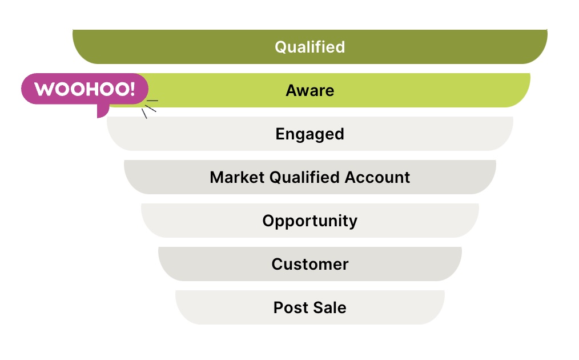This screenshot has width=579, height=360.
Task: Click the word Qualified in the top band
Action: coord(310,47)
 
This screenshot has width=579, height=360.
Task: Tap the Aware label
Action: coord(310,90)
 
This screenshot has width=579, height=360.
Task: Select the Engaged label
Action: coord(310,134)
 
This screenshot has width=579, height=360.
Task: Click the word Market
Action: coord(237,177)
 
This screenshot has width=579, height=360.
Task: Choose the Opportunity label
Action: coord(310,221)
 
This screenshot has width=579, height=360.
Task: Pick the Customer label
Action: coord(310,264)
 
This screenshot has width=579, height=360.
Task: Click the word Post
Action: coord(290,307)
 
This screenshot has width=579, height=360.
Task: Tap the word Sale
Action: coord(329,307)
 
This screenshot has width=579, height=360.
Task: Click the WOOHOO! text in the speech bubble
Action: coord(85,89)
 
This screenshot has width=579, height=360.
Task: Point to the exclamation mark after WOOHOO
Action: coord(132,89)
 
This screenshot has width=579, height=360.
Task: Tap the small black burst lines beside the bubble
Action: coord(150,109)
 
